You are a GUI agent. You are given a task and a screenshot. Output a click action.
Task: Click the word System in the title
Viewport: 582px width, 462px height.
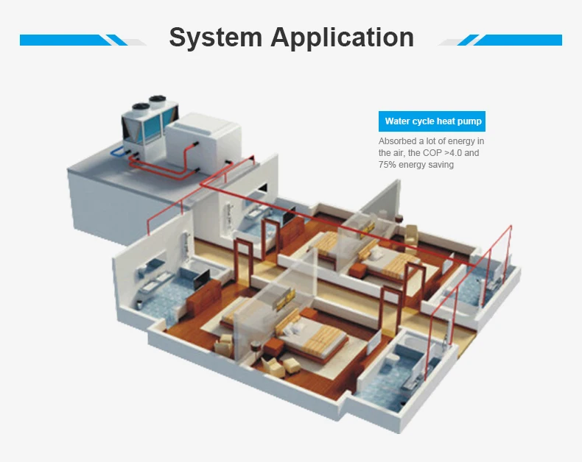pyautogui.click(x=216, y=37)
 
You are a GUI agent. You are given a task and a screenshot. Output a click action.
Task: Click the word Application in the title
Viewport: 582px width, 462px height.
pyautogui.click(x=342, y=37)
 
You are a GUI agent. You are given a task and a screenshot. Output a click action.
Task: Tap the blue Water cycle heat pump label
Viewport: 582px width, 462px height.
pyautogui.click(x=432, y=121)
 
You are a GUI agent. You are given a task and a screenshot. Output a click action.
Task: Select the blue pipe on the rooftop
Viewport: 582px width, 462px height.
pyautogui.click(x=118, y=154)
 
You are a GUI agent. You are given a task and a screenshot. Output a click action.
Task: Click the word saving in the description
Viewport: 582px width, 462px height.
pyautogui.click(x=440, y=165)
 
